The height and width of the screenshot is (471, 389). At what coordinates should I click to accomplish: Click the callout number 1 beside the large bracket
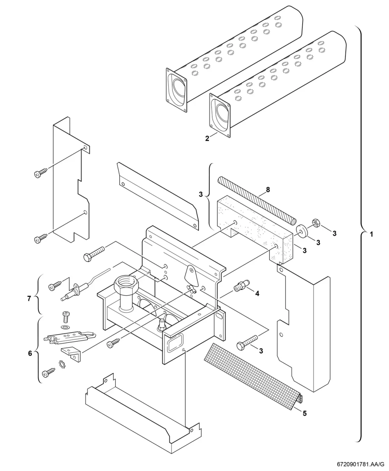tap(371, 235)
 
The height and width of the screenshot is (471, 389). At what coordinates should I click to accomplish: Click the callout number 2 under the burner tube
tap(207, 138)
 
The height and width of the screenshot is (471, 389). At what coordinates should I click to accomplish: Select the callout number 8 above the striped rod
tap(268, 190)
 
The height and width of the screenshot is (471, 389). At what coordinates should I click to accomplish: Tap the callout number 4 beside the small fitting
tap(257, 293)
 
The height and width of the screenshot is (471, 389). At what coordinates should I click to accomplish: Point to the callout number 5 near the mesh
tap(305, 413)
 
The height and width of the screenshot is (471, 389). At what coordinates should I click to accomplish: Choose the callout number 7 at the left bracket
tap(29, 299)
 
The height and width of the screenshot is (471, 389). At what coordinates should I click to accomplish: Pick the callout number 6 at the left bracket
tap(30, 353)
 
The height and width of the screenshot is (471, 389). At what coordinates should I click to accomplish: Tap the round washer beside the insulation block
tap(301, 231)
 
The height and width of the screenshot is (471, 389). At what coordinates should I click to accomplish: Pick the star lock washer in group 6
tap(62, 365)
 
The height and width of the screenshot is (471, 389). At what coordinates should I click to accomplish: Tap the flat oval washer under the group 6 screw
tap(65, 327)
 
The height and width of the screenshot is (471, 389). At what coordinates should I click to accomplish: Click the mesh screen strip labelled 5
tap(253, 376)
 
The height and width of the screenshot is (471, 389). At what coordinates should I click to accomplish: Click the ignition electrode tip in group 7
tap(64, 299)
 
